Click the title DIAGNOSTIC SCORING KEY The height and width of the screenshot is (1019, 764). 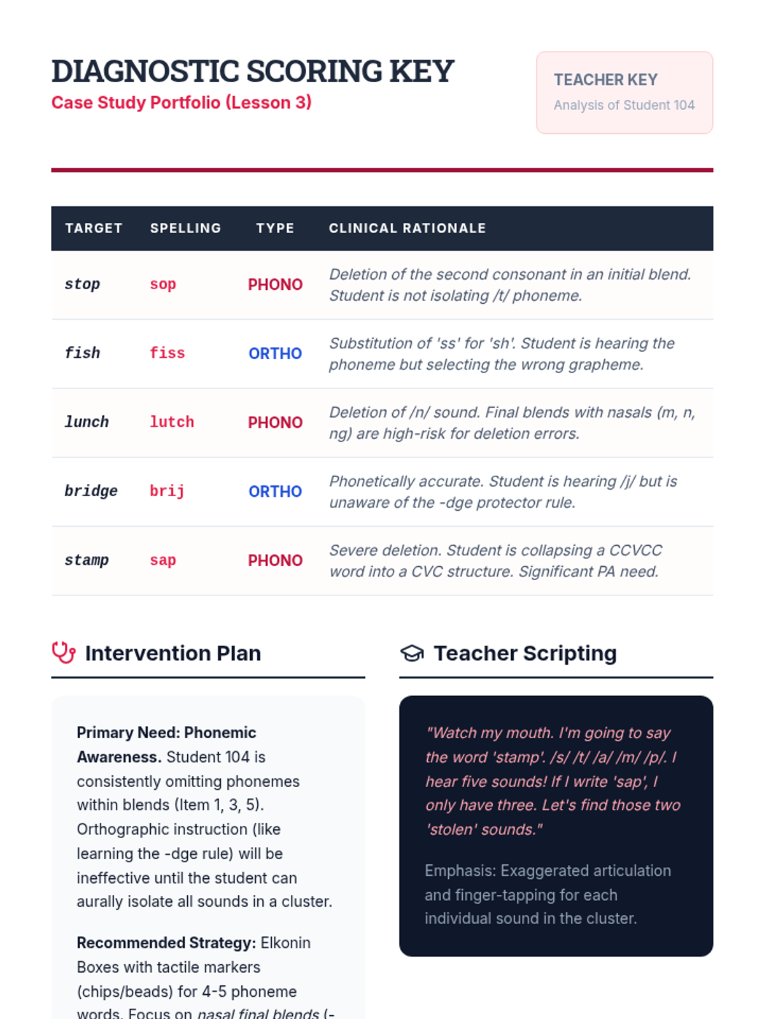[x=252, y=71]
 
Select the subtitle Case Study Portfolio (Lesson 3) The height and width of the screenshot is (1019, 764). [x=181, y=103]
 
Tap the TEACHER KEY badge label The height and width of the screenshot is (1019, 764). [x=605, y=80]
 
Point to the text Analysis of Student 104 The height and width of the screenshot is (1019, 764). [x=624, y=105]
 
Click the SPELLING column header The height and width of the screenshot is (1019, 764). [x=185, y=228]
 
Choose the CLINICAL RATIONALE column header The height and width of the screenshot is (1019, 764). [x=407, y=228]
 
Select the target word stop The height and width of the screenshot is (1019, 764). [x=82, y=284]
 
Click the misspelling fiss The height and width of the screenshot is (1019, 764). [x=167, y=353]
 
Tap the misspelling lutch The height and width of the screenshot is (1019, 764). [x=171, y=422]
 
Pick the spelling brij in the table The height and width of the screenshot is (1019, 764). [x=167, y=491]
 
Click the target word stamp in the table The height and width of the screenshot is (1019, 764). [x=87, y=560]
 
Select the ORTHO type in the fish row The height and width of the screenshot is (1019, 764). [x=275, y=353]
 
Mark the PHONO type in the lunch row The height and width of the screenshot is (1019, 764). [x=275, y=422]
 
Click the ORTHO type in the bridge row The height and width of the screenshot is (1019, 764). [x=275, y=492]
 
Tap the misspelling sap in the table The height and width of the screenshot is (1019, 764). [x=162, y=560]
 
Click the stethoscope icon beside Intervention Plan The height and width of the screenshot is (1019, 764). [x=64, y=653]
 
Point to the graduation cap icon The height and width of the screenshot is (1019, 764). [x=412, y=653]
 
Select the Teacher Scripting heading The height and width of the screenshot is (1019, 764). [x=525, y=653]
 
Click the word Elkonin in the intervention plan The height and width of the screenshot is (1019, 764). [x=285, y=943]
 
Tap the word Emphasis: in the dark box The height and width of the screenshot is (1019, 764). [x=460, y=871]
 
